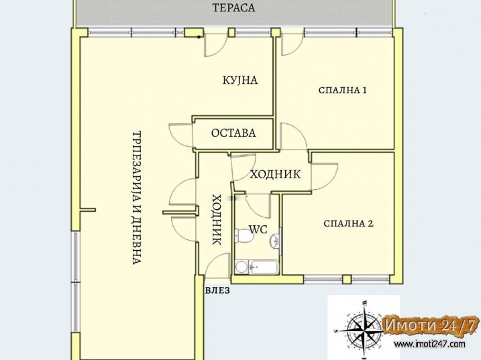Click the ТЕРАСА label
click(x=233, y=7)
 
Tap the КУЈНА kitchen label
click(x=240, y=80)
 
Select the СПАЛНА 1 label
click(x=343, y=90)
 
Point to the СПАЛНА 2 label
click(x=348, y=223)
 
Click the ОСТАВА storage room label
click(x=233, y=133)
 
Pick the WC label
click(x=258, y=229)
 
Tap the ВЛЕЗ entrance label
click(x=217, y=290)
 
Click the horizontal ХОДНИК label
click(x=275, y=174)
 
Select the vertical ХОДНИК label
click(x=217, y=219)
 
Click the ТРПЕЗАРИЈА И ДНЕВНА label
click(x=137, y=198)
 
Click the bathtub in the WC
click(x=264, y=267)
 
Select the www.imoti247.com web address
click(x=430, y=345)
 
